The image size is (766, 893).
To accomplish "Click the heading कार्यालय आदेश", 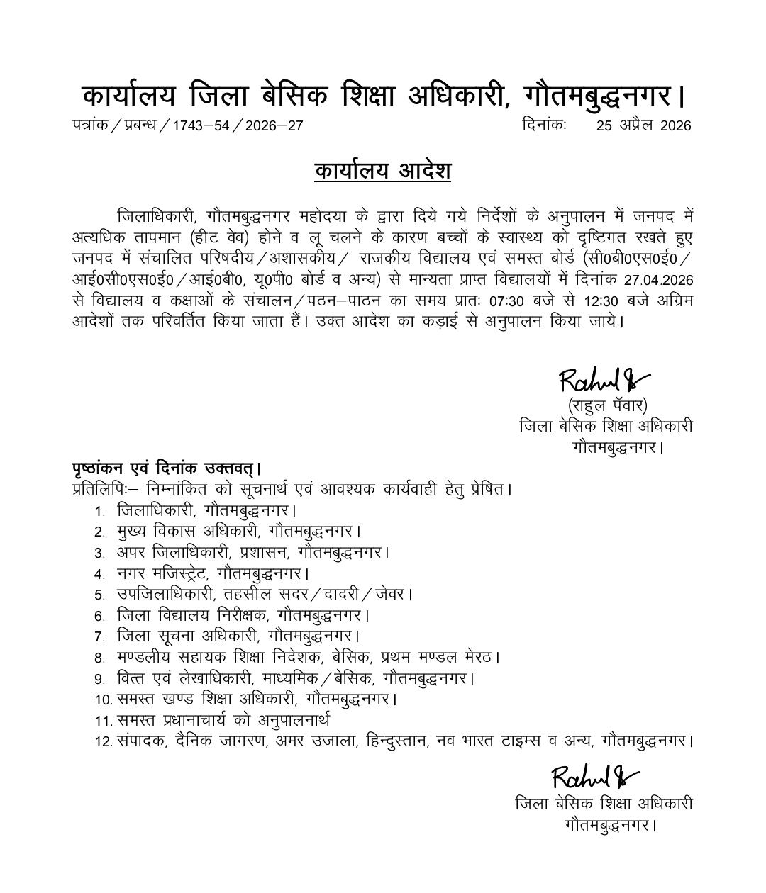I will click(x=383, y=172).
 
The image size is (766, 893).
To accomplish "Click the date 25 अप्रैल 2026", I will click(x=643, y=126).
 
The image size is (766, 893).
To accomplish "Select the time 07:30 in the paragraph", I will click(x=506, y=301).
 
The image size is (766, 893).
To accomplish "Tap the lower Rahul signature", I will click(x=594, y=777).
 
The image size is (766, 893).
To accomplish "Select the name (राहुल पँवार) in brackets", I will click(x=607, y=406).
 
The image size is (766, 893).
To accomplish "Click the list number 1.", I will click(x=100, y=511).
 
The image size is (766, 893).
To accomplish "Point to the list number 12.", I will click(x=104, y=742).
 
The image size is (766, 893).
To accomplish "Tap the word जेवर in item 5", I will click(x=392, y=595).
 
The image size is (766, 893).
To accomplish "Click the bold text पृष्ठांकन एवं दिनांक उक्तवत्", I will click(x=167, y=468).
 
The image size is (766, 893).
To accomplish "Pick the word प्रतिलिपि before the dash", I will click(x=99, y=490).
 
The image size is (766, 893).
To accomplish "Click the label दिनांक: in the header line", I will click(x=543, y=125).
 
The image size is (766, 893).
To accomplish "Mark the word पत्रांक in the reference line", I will click(x=89, y=126).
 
